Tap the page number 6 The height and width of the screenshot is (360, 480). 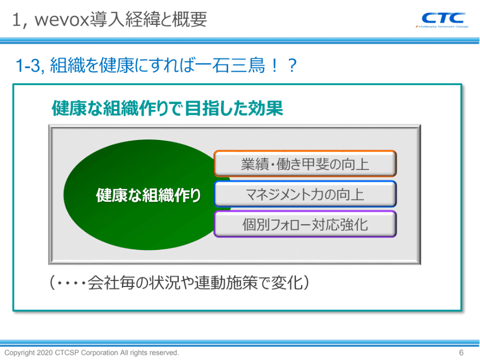pyautogui.click(x=461, y=353)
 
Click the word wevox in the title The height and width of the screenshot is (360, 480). pyautogui.click(x=62, y=20)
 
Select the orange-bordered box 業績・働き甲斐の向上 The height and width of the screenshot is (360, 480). pyautogui.click(x=305, y=164)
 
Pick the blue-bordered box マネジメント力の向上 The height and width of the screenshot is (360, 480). pyautogui.click(x=305, y=194)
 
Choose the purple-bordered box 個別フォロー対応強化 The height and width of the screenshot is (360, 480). pyautogui.click(x=305, y=224)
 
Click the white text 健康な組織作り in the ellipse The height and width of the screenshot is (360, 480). pyautogui.click(x=148, y=195)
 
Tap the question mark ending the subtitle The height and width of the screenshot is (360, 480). pyautogui.click(x=292, y=65)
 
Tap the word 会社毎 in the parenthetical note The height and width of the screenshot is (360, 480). pyautogui.click(x=112, y=282)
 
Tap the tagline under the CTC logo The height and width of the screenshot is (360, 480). pyautogui.click(x=442, y=27)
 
